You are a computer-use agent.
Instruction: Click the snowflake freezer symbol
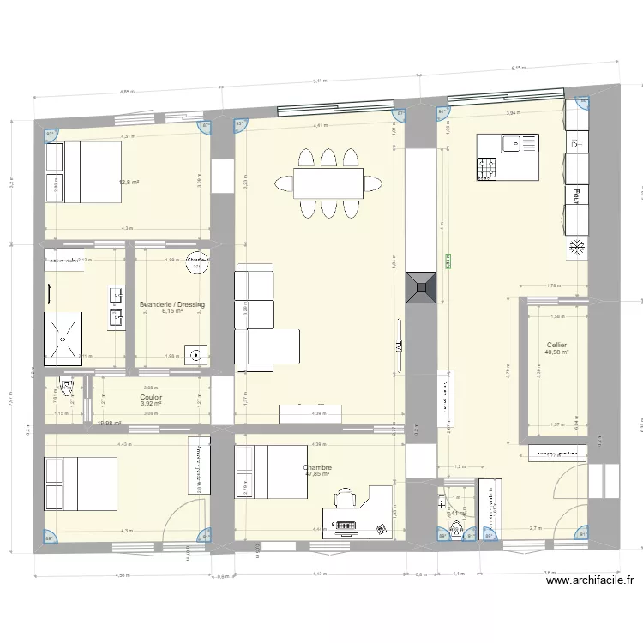(577, 249)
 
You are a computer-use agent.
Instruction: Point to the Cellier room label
(556, 346)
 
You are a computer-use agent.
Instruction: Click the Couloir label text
(151, 397)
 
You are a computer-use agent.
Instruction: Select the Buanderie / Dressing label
(172, 304)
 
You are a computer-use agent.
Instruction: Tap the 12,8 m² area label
(129, 182)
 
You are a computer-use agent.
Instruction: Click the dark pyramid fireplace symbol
(421, 285)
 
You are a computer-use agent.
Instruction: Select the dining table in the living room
(329, 182)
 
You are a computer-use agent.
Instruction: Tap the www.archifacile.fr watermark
(590, 580)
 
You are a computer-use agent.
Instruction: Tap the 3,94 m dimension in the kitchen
(513, 112)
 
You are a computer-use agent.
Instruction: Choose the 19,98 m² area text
(110, 423)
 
